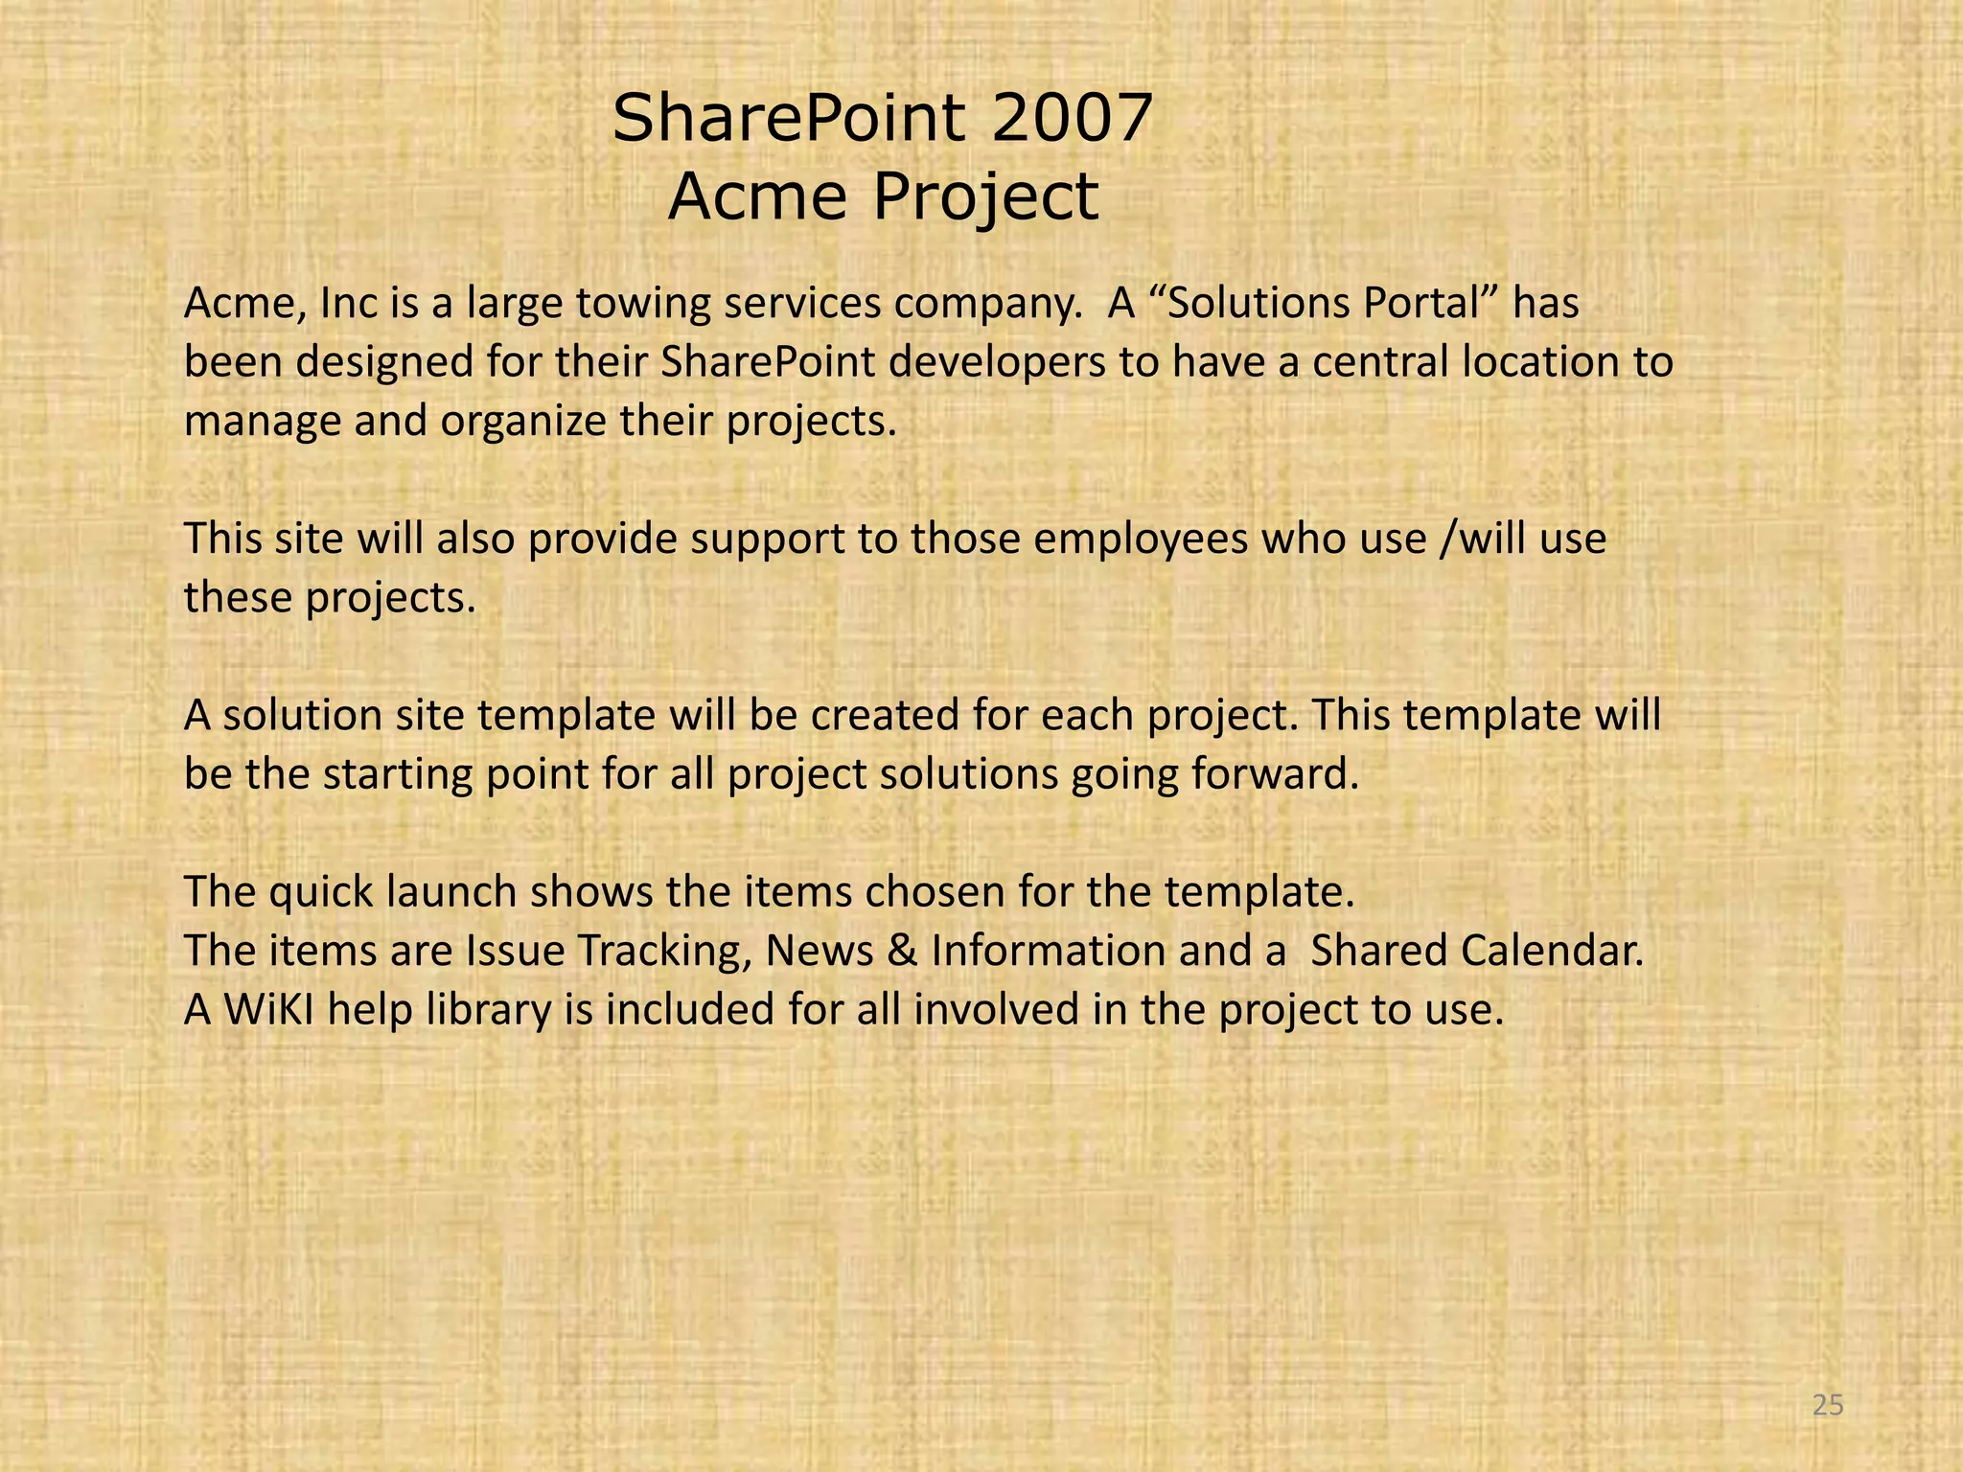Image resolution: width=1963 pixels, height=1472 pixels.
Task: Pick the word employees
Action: (x=1141, y=538)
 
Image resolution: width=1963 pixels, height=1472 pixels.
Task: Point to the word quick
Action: (x=320, y=891)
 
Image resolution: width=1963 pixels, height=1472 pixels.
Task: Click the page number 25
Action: (x=1829, y=1405)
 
